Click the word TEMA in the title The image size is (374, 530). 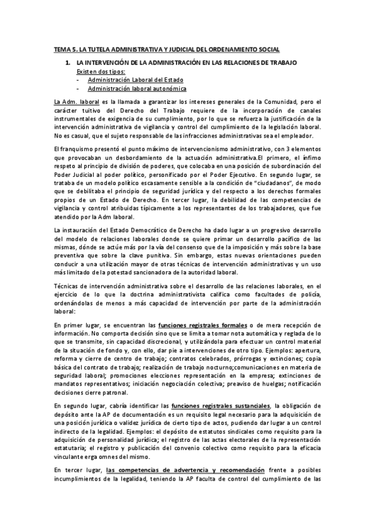coord(62,49)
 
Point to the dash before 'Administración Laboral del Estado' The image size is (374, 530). coord(77,80)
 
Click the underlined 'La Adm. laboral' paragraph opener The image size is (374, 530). coord(77,102)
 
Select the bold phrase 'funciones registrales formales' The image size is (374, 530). coord(202,325)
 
